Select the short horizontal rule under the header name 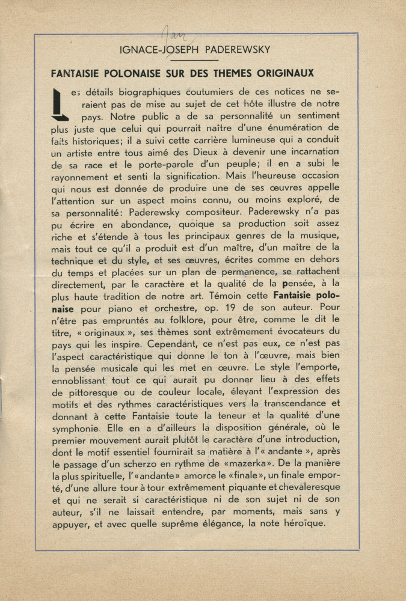(x=205, y=60)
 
